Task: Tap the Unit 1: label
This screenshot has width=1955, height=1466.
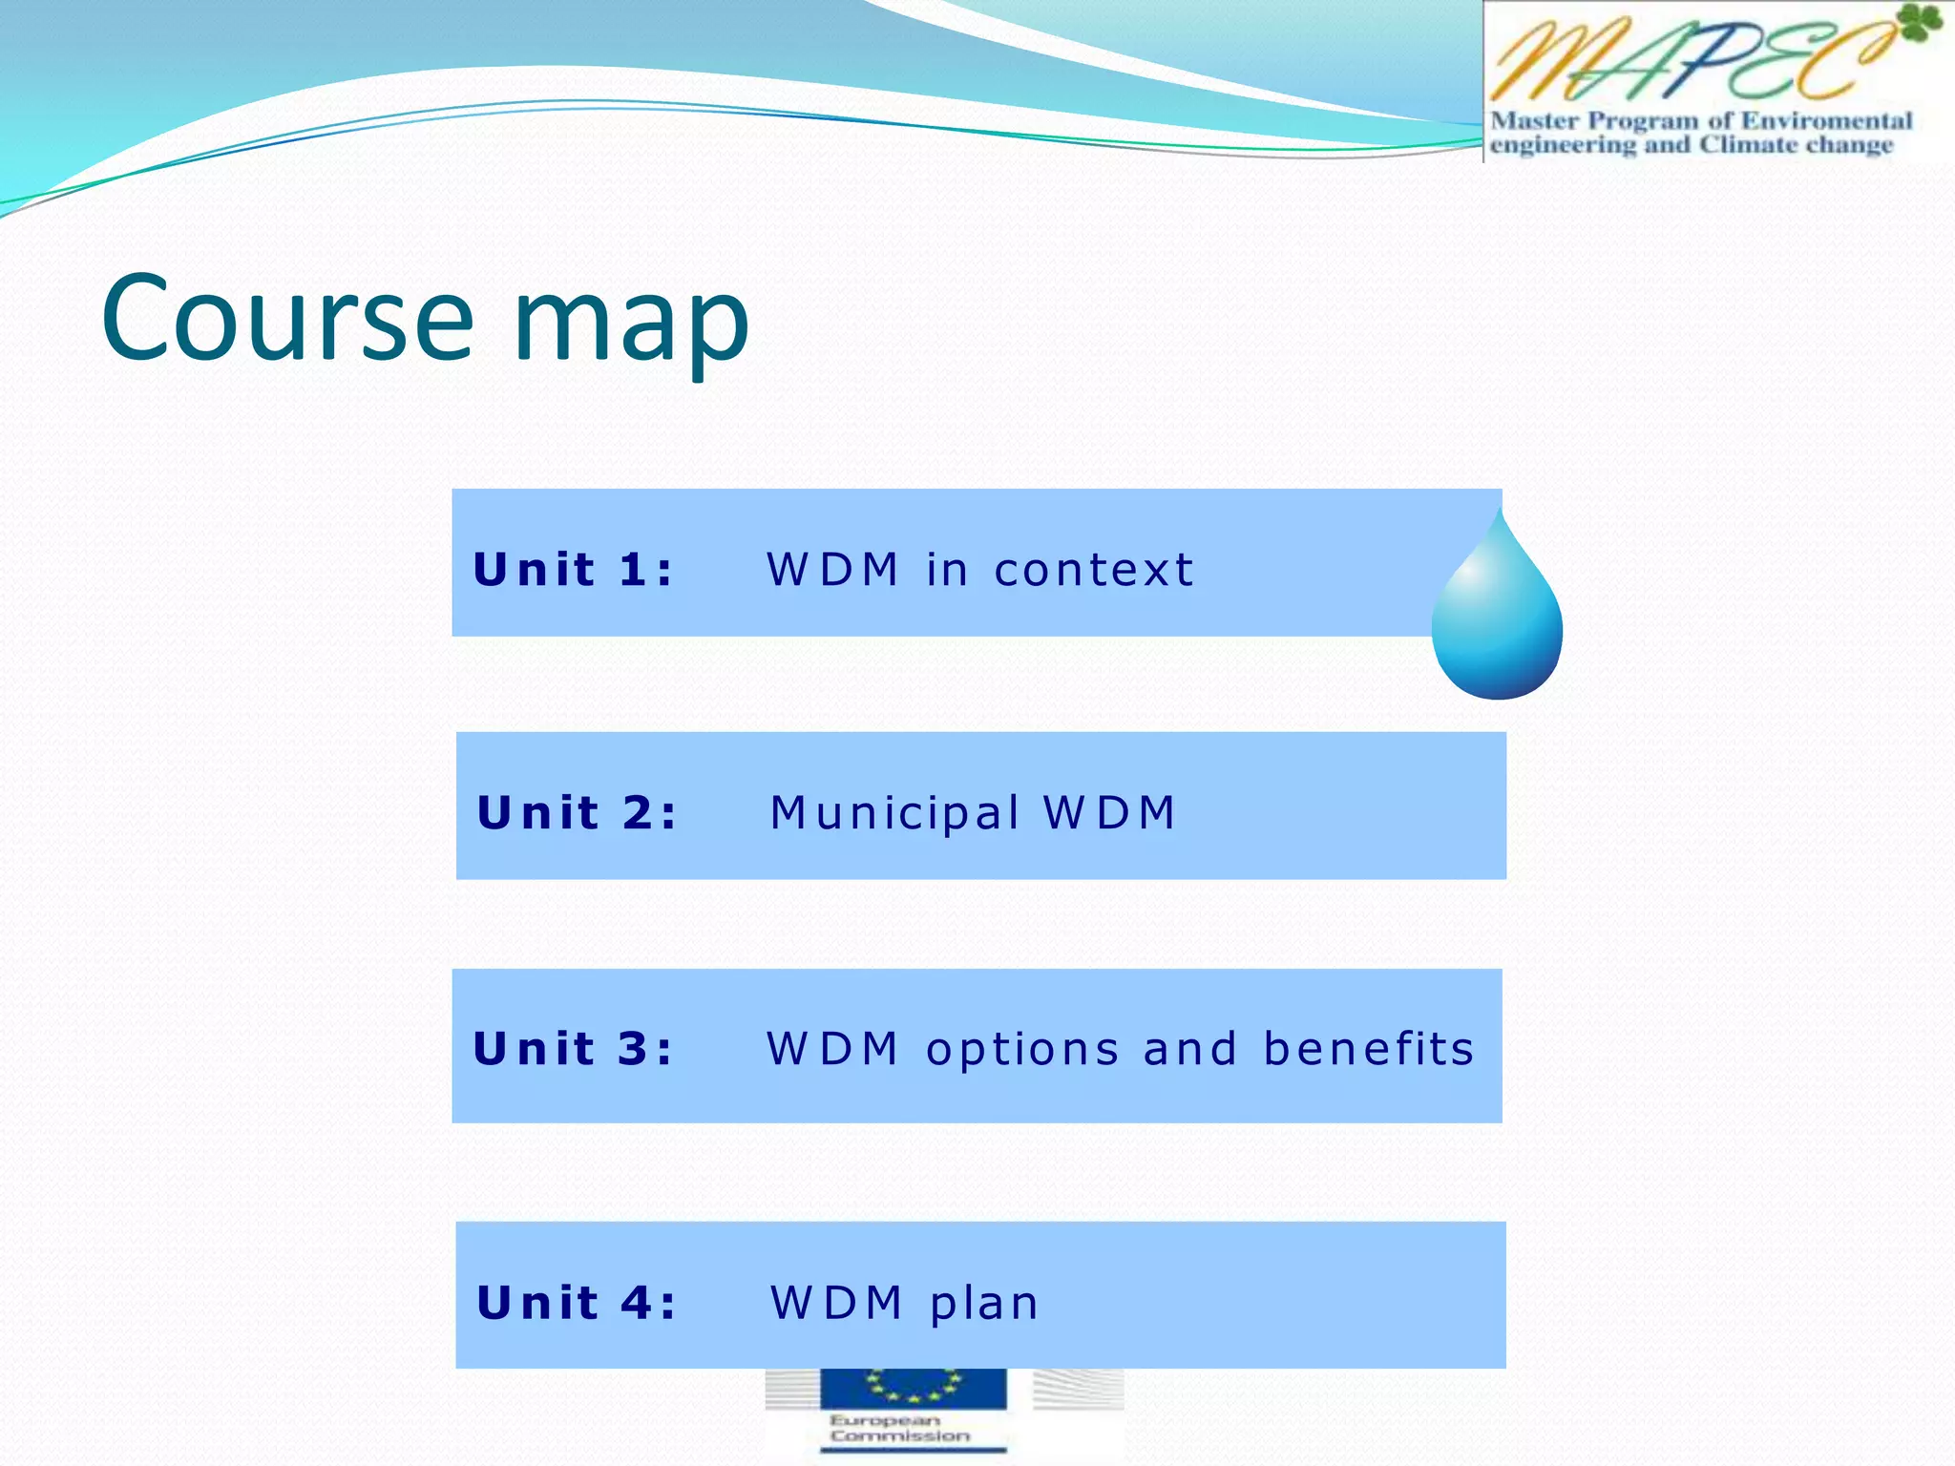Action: pos(574,570)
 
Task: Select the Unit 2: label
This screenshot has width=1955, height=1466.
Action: pos(578,813)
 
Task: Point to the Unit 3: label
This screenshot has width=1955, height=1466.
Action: pos(574,1049)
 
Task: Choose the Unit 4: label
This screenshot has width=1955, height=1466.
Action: pos(578,1303)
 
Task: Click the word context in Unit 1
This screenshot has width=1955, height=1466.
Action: pos(1094,570)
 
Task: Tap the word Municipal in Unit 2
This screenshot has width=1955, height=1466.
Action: pos(895,814)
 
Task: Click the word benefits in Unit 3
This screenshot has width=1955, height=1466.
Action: pos(1369,1049)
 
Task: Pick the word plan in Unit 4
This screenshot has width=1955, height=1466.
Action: pos(984,1305)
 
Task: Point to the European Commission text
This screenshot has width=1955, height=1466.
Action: pos(898,1429)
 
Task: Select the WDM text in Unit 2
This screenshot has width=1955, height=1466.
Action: pos(1109,813)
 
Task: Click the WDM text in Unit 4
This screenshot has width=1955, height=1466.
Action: pos(836,1303)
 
